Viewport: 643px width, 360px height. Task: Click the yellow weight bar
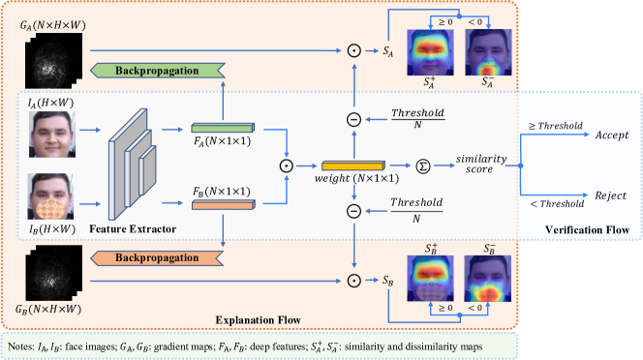(352, 166)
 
